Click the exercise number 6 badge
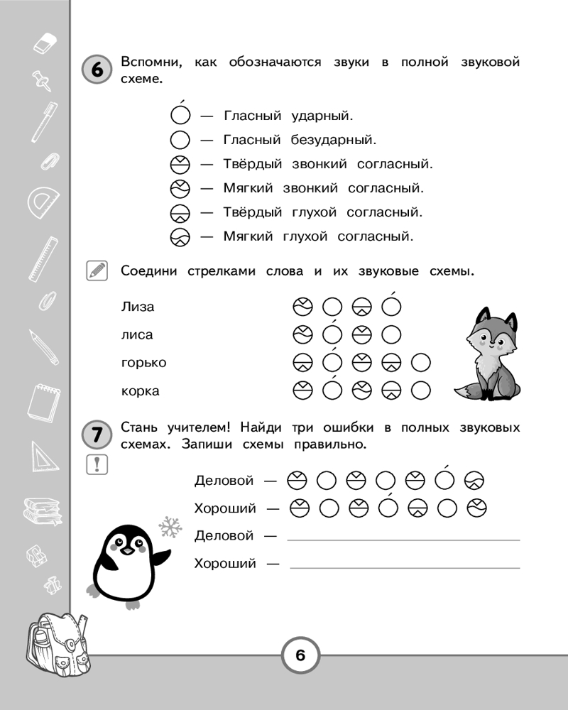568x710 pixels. coord(97,70)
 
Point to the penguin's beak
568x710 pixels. coord(126,550)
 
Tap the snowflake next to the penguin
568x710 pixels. coord(169,526)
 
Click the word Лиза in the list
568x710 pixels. coord(138,307)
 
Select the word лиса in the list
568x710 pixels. coord(137,334)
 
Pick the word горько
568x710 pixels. coord(143,363)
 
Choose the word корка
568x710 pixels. coord(141,390)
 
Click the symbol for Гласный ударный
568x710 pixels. coord(181,115)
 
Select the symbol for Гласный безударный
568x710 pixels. coord(181,140)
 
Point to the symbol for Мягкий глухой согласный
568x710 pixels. coord(181,236)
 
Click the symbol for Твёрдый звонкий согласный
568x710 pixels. coord(181,164)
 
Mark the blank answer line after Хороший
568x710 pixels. coord(405,567)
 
